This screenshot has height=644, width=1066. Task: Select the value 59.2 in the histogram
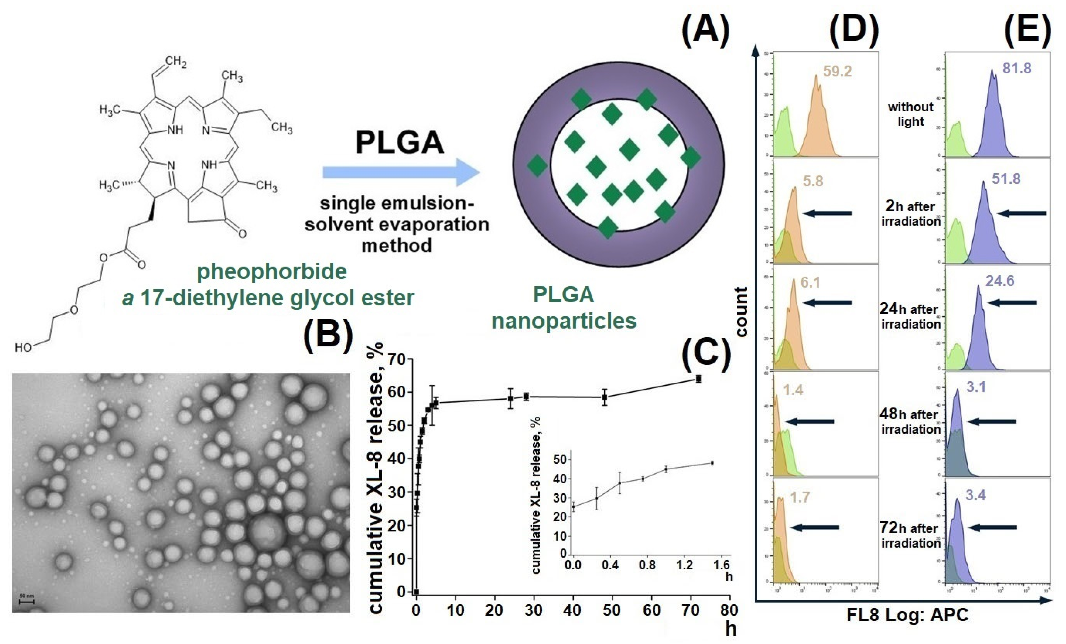(x=837, y=71)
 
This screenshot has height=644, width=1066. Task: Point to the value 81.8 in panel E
(x=1017, y=68)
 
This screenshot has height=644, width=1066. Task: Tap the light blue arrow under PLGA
(x=400, y=172)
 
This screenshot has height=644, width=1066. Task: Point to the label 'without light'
(x=911, y=114)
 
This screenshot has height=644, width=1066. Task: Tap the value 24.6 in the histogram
(x=1000, y=281)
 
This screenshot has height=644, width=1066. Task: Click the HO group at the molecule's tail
(x=23, y=348)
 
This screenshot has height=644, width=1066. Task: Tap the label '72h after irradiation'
(x=910, y=535)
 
